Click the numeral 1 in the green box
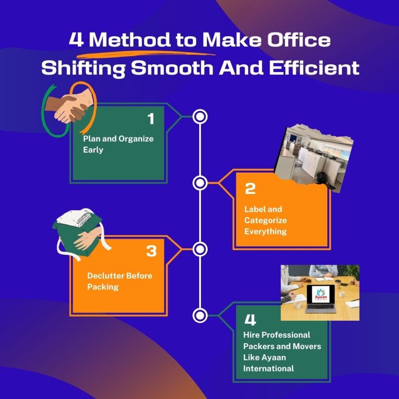point(151,119)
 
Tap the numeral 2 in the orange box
point(250,189)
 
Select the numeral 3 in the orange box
point(151,251)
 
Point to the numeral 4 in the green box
point(250,320)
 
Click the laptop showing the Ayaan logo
point(321,298)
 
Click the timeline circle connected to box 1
point(200,117)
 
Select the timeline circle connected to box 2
point(200,183)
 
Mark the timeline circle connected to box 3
point(200,249)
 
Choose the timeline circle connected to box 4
point(200,315)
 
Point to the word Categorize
point(265,220)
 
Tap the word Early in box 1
point(93,150)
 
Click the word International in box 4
point(268,368)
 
